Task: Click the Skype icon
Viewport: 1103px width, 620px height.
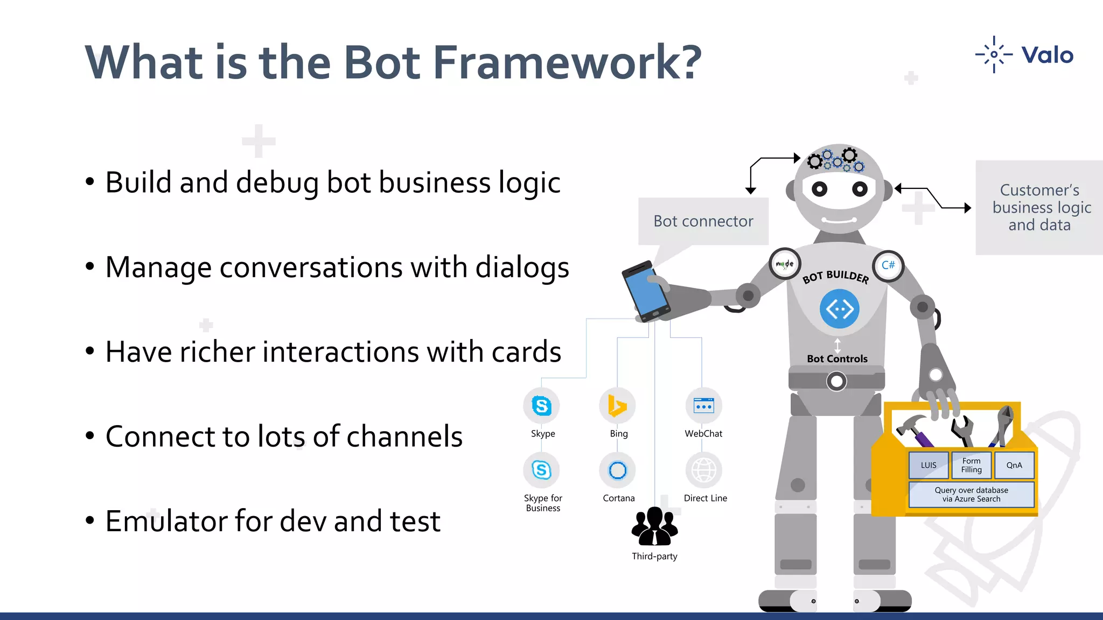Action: click(x=542, y=406)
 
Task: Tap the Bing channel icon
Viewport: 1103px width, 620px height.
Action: click(x=617, y=406)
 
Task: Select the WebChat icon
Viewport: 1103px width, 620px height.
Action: click(x=703, y=406)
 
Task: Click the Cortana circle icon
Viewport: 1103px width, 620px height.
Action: click(x=617, y=470)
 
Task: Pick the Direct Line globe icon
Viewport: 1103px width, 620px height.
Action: click(x=703, y=470)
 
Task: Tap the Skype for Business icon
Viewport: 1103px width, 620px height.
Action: click(x=542, y=470)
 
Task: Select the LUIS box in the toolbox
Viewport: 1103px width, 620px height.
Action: click(x=929, y=466)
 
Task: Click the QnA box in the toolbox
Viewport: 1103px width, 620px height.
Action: click(x=1014, y=466)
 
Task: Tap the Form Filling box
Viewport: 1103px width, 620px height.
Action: click(x=971, y=466)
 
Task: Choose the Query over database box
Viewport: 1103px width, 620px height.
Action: click(x=971, y=495)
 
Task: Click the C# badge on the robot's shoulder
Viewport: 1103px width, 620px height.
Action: click(x=888, y=265)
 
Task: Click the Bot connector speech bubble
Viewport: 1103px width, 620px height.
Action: click(x=703, y=221)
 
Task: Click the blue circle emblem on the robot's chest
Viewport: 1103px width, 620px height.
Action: click(x=840, y=309)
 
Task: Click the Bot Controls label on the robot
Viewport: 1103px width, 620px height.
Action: click(x=837, y=359)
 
